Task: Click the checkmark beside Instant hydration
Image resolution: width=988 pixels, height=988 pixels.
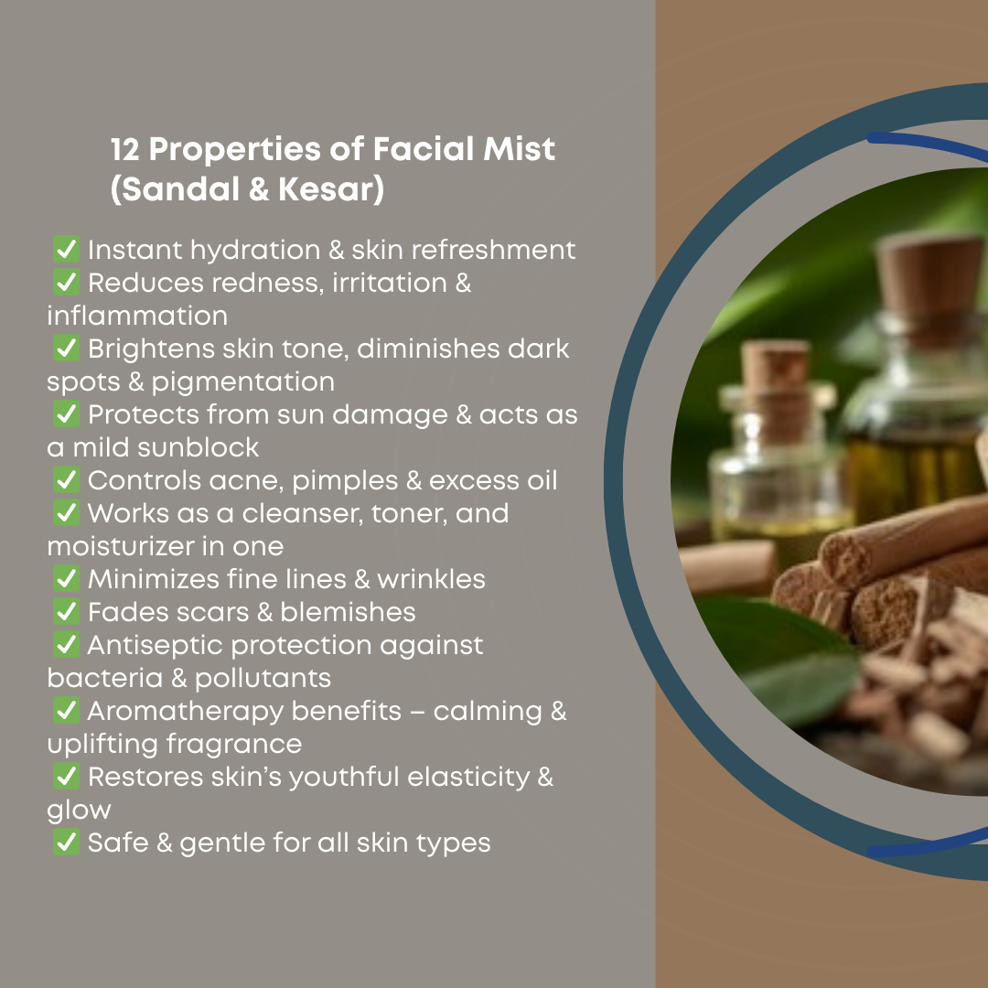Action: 66,249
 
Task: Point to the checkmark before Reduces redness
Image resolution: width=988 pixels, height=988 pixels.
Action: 66,282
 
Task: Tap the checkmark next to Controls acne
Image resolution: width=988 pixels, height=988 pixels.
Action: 66,479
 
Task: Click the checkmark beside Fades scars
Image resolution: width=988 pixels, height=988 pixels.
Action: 66,611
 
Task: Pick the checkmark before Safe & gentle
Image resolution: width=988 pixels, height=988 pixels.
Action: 66,842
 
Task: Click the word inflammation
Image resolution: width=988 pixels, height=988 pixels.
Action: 137,316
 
